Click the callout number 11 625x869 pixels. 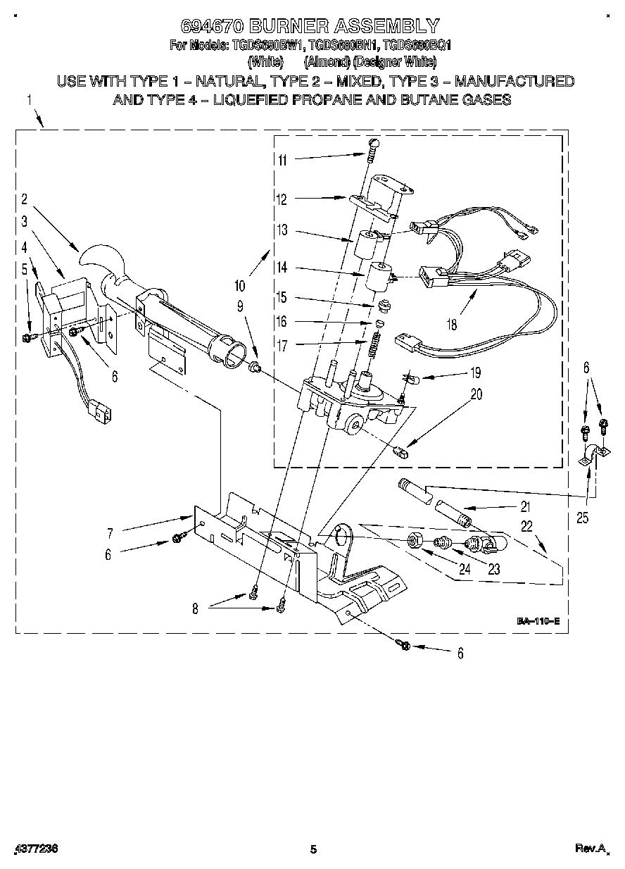pyautogui.click(x=282, y=160)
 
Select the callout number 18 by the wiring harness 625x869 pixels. pyautogui.click(x=451, y=325)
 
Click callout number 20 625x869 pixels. pyautogui.click(x=476, y=395)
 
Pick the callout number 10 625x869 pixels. pyautogui.click(x=240, y=286)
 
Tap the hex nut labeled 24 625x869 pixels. pyautogui.click(x=415, y=541)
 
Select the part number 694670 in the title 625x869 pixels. pyautogui.click(x=213, y=27)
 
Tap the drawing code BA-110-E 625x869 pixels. pyautogui.click(x=538, y=621)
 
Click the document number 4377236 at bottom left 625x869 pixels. pyautogui.click(x=35, y=849)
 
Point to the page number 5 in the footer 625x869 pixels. pyautogui.click(x=313, y=849)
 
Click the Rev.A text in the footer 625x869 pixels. pyautogui.click(x=590, y=849)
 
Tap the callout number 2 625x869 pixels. pyautogui.click(x=23, y=199)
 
